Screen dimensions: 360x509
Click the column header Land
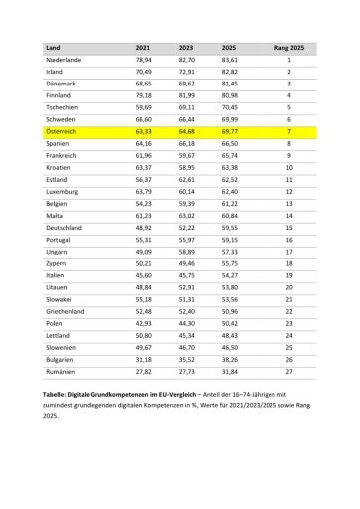[x=54, y=47]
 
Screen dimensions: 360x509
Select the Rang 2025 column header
[x=288, y=47]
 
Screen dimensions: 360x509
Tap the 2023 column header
[x=185, y=47]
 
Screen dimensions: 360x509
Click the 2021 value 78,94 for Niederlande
[x=143, y=61]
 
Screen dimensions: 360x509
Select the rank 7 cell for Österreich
[x=288, y=130]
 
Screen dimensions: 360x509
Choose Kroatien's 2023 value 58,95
[x=186, y=166]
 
